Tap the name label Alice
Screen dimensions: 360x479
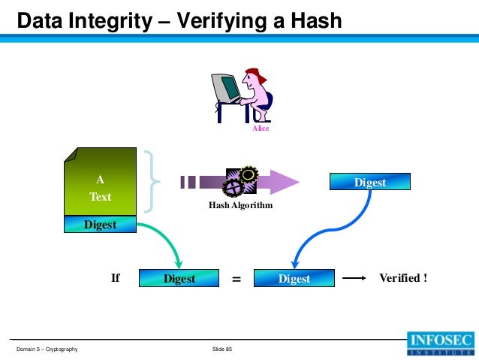tap(260, 129)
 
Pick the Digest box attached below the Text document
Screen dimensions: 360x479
tap(100, 224)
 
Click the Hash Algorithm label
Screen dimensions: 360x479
tap(240, 205)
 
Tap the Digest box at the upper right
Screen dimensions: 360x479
tap(370, 182)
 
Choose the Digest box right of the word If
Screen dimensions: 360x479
tap(179, 278)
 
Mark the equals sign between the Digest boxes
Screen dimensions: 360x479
tap(236, 279)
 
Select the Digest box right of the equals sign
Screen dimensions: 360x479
tap(294, 278)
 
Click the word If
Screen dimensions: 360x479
tap(116, 278)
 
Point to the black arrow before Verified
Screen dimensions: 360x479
tap(358, 278)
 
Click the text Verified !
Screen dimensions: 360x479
tap(403, 278)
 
